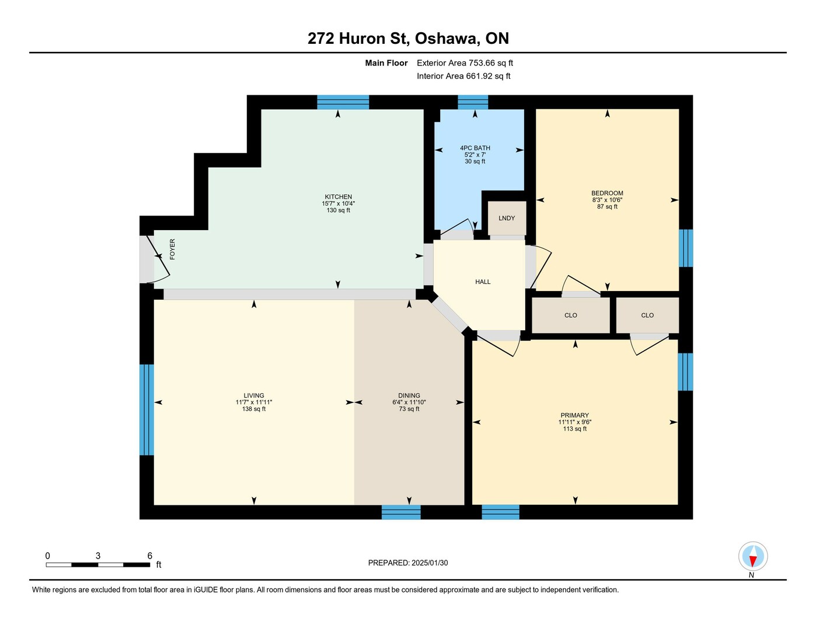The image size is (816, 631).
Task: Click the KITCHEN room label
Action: tap(339, 196)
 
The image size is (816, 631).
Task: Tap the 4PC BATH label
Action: tap(475, 148)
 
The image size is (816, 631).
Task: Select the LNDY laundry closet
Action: tap(507, 218)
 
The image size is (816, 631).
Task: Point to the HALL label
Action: tap(483, 282)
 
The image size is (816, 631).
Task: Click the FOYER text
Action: tap(172, 249)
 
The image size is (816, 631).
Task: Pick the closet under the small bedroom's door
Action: tap(571, 315)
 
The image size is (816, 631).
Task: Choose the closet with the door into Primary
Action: tap(647, 315)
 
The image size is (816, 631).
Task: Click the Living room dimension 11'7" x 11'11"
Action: tap(254, 402)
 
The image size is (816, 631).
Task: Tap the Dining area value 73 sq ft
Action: tap(409, 409)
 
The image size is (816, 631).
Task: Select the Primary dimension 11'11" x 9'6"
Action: tap(574, 422)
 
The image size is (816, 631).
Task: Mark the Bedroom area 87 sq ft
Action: tap(607, 206)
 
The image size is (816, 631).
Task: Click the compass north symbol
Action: tap(753, 556)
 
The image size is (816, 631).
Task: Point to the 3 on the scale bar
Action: tap(98, 556)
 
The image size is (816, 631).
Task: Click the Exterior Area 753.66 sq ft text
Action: tap(465, 63)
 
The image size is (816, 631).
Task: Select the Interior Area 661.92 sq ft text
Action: tap(464, 76)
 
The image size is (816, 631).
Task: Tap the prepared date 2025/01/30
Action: tap(430, 563)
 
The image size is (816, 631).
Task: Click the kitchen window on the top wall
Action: tap(343, 102)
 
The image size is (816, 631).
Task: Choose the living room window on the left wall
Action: tap(147, 410)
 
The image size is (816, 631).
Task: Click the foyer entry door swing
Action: tap(158, 259)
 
